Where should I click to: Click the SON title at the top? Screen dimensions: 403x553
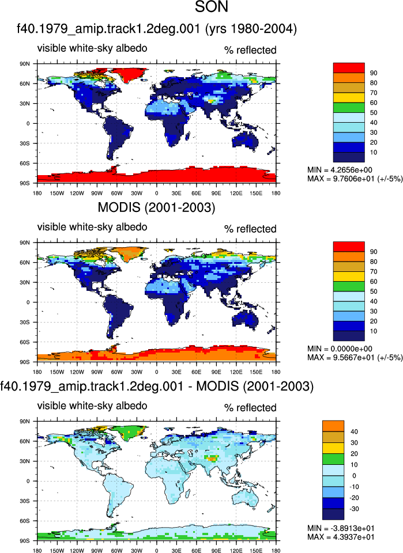tap(212, 7)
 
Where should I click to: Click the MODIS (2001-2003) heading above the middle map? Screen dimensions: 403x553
tap(156, 207)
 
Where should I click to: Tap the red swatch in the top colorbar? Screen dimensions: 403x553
tap(349, 68)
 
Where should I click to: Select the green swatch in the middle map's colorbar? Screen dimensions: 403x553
tap(349, 286)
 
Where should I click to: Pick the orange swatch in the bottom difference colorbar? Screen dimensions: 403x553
tap(333, 426)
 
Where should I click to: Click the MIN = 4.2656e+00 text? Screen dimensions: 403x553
tap(340, 170)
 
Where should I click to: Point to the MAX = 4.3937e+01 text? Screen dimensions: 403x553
tap(341, 537)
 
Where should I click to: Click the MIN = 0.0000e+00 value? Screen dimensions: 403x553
tap(340, 349)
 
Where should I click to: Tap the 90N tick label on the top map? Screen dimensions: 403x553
tap(25, 64)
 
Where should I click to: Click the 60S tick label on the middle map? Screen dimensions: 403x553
tap(25, 342)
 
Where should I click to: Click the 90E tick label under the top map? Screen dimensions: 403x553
tap(216, 194)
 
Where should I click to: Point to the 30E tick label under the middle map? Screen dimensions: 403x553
tap(176, 372)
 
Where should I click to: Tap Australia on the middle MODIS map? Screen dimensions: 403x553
tap(245, 320)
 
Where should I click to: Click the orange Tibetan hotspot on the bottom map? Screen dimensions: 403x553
tap(212, 459)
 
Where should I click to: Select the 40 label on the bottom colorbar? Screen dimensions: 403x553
tap(354, 431)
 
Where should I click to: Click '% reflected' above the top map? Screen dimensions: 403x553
tap(250, 50)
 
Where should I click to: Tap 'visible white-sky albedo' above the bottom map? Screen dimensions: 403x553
tap(92, 406)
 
